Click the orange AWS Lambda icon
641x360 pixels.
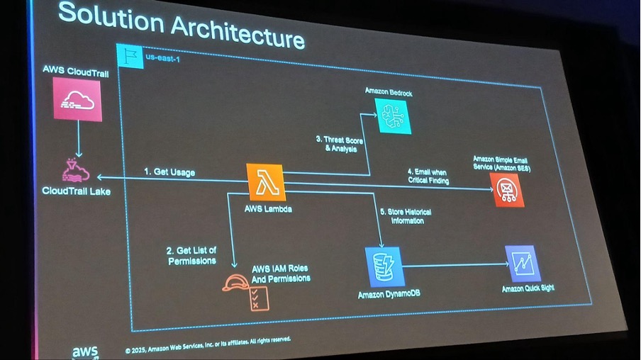pos(266,182)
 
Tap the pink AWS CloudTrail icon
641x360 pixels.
pos(77,99)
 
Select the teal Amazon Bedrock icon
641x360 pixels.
pos(393,116)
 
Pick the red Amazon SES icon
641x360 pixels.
pos(507,190)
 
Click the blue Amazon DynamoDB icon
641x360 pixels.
pos(384,267)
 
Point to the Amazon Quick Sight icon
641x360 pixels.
pos(523,264)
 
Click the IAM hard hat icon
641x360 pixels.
pos(235,283)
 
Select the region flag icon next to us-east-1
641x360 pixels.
pos(130,56)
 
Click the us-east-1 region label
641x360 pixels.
pos(162,58)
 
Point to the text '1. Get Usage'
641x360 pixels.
pos(169,172)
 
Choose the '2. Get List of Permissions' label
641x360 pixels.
pos(191,255)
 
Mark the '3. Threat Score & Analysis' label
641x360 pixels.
pos(340,145)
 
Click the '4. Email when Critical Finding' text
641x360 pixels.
pos(428,176)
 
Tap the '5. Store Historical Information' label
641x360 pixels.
pos(406,216)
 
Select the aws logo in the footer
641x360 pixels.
pos(85,352)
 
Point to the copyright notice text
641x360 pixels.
pos(208,345)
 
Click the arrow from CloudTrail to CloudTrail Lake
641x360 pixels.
pos(79,139)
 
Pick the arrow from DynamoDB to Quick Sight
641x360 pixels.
pos(455,265)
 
